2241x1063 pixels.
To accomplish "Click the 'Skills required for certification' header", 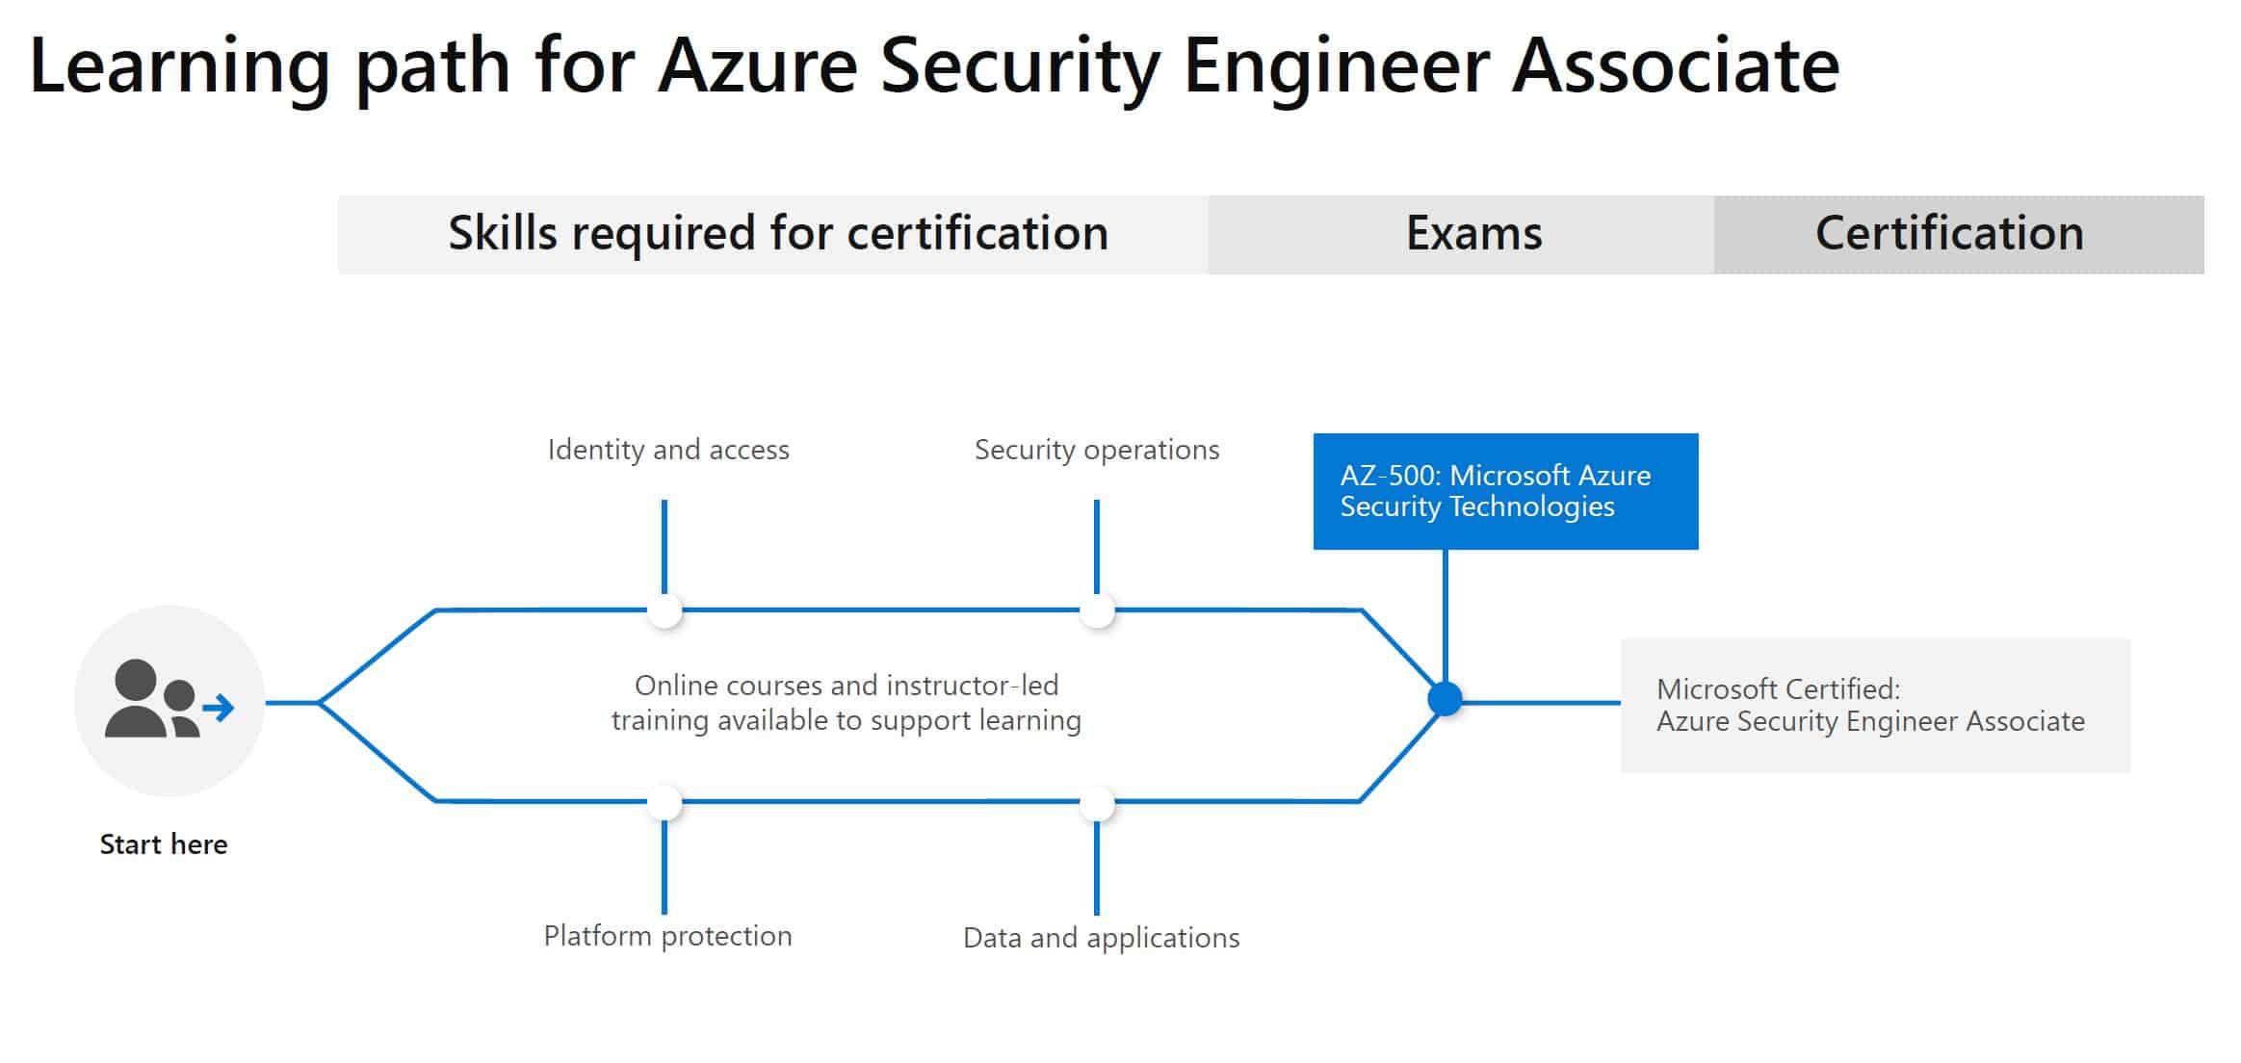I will click(777, 234).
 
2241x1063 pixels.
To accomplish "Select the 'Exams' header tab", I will click(1473, 234).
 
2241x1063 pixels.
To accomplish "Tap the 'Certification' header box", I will click(1949, 234).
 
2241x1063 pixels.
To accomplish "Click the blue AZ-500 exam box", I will click(1504, 491).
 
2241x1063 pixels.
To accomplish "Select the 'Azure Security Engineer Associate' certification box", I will click(1874, 705).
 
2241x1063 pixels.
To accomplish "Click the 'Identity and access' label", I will click(668, 450).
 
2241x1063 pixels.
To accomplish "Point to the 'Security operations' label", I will click(1097, 450).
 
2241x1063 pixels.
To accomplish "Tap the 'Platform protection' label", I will click(667, 936).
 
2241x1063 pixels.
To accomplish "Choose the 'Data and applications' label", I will click(1101, 938).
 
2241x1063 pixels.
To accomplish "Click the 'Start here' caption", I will click(164, 844).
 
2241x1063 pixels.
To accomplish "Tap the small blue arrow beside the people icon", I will click(220, 709).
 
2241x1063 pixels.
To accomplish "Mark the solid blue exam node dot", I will click(1445, 699).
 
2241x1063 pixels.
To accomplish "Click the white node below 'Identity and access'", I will click(664, 610).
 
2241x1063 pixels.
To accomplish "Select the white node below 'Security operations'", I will click(1097, 610).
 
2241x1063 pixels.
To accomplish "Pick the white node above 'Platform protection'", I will click(664, 802).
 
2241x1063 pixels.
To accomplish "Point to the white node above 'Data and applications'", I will click(1097, 802).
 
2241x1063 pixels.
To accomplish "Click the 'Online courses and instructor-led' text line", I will click(847, 686).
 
